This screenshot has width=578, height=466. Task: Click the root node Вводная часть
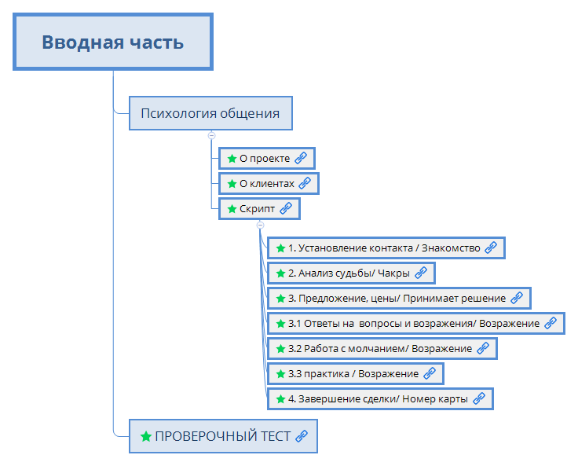click(112, 42)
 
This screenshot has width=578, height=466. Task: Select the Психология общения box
click(210, 113)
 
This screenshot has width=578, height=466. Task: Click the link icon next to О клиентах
click(305, 184)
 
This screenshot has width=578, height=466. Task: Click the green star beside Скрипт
click(232, 209)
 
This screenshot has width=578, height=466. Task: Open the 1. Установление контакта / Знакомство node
click(385, 248)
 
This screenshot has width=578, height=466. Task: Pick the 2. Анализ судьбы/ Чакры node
click(349, 273)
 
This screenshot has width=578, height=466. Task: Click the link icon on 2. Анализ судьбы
click(421, 273)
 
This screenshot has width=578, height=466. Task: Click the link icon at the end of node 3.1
click(551, 323)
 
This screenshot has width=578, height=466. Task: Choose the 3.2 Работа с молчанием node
click(381, 348)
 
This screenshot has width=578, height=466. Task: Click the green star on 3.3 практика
click(280, 373)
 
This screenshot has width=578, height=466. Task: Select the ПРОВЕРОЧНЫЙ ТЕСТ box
click(223, 436)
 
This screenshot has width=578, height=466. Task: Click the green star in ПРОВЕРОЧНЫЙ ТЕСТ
click(145, 436)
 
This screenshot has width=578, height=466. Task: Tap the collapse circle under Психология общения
click(211, 135)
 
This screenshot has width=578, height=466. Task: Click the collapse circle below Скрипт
click(261, 226)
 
